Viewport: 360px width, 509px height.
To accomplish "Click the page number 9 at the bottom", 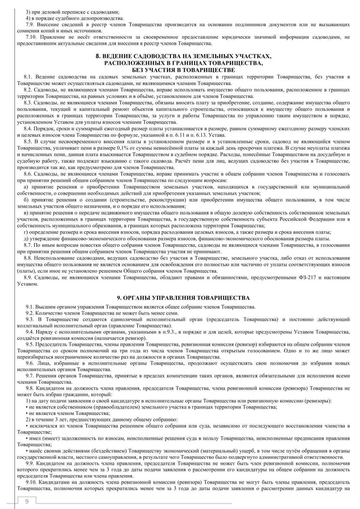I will [27, 501].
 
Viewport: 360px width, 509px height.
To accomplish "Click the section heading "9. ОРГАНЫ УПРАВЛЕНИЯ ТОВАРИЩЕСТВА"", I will [183, 298].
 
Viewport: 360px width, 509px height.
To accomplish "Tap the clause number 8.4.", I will [28, 129].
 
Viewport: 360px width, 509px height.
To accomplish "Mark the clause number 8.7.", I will [28, 245].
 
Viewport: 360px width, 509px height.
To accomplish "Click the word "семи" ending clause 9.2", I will [172, 313].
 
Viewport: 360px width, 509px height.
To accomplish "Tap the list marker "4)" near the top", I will [28, 18].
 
